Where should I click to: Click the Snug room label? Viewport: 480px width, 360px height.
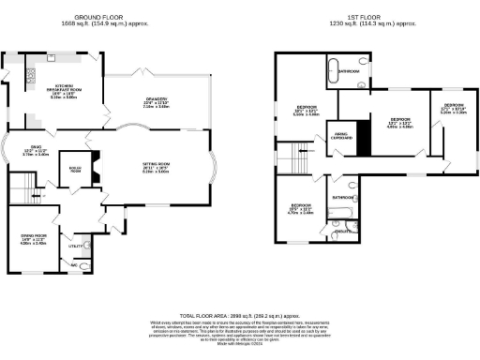36,151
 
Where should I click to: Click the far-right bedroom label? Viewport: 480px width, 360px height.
454,108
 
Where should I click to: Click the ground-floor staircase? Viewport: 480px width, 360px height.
21,195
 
